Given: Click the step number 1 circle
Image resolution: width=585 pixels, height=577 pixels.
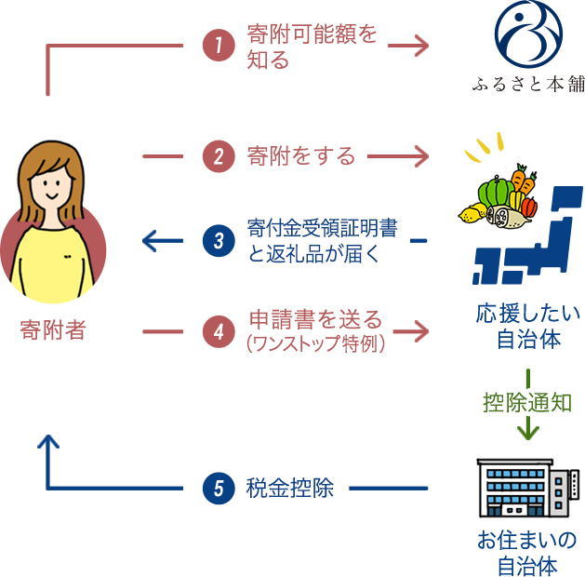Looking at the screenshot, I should point(219,45).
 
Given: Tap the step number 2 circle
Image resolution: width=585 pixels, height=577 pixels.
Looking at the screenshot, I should point(219,155).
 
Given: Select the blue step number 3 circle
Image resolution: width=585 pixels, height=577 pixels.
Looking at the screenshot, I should point(219,241).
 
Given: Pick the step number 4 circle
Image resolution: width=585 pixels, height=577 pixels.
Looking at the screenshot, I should point(219,332).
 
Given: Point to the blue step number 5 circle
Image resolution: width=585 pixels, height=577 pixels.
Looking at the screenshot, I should point(219,489).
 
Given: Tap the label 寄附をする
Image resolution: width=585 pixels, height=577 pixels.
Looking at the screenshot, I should point(301,155).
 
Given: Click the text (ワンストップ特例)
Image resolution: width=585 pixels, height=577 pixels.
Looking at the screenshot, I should point(315,342).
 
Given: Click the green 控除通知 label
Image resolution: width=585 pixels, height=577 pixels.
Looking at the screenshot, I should point(527,402).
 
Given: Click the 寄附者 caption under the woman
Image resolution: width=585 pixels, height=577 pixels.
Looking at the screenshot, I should point(54,330).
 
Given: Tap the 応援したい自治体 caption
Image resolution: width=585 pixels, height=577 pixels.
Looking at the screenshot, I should point(527,325).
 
